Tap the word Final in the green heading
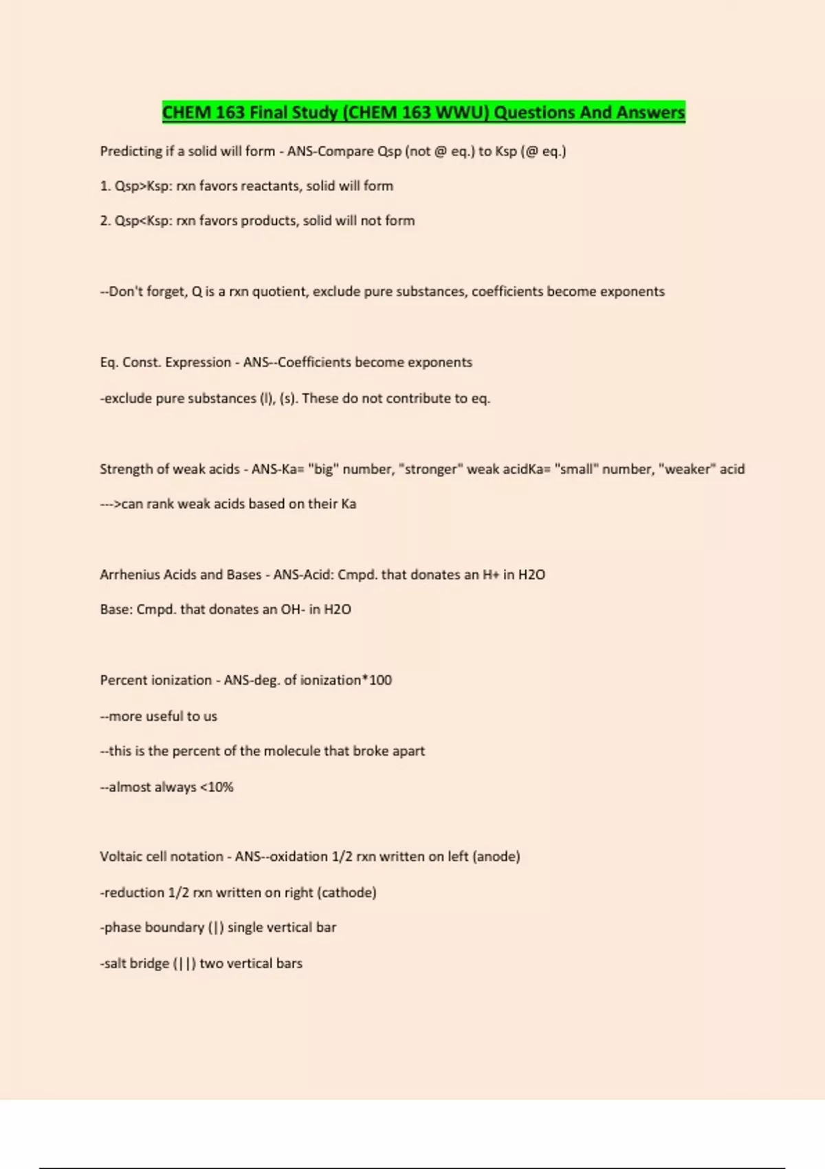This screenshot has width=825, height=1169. (272, 112)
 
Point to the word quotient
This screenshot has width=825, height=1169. (280, 292)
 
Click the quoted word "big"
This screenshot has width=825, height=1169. (323, 469)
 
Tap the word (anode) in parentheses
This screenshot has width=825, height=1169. (496, 857)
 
